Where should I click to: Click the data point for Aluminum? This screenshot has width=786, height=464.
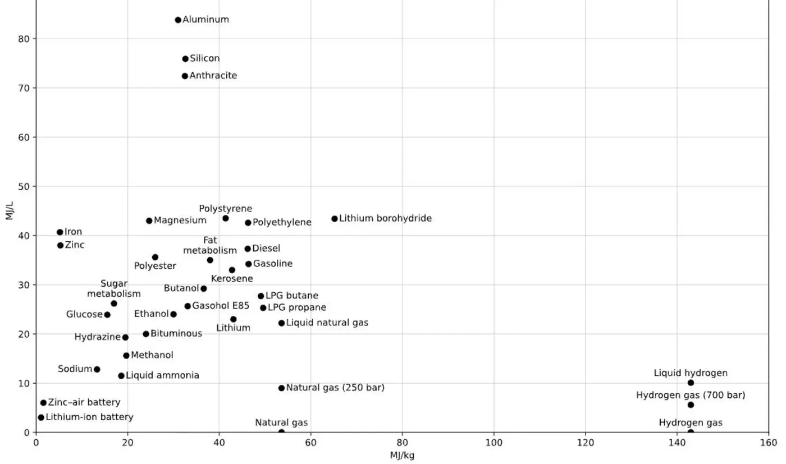coord(178,20)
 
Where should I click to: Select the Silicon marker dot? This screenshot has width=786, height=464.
coord(185,59)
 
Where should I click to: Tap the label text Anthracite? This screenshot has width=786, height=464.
coord(213,76)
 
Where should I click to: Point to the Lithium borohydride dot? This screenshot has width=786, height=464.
coord(335,219)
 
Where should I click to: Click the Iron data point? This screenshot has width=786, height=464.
coord(60,232)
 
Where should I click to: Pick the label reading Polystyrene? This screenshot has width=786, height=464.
coord(225,209)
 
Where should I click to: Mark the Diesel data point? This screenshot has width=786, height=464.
coord(248,249)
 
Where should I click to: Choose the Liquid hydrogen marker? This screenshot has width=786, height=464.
coord(691,383)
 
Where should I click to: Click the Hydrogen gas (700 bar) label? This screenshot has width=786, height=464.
coord(691,395)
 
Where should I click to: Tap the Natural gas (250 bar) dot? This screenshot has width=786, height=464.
coord(281,388)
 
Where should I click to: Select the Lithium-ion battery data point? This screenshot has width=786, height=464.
coord(41,417)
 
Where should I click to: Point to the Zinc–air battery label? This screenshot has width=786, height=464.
coord(84,402)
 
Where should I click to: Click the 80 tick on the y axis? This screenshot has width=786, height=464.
coord(24,39)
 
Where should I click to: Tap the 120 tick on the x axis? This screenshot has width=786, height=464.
coord(585,443)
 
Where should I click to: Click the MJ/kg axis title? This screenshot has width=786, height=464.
coord(402,456)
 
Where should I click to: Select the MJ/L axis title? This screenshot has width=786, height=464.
coord(10,210)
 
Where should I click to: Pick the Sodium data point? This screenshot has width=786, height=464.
coord(97,369)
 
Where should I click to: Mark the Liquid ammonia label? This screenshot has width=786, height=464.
coord(162,375)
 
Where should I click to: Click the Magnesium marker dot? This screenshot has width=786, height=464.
coord(149,221)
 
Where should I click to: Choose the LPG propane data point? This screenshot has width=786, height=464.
coord(263,308)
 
